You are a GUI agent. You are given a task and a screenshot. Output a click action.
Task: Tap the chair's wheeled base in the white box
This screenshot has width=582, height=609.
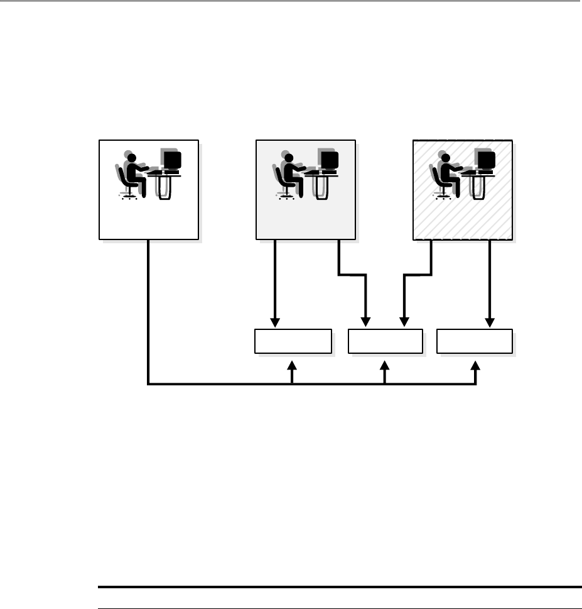point(129,196)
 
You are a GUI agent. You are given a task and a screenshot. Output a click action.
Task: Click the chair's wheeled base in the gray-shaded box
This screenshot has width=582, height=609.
point(286,196)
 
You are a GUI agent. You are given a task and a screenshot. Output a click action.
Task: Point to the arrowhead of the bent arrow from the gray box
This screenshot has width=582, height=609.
point(367,322)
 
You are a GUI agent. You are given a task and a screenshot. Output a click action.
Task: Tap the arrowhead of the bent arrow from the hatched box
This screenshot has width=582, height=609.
point(402,322)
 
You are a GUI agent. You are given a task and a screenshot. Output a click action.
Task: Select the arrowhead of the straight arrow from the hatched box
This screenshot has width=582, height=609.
point(490,322)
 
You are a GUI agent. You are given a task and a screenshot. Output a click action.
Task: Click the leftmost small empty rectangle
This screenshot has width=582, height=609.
point(293,341)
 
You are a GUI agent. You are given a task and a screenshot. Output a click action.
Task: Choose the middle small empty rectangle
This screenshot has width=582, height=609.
point(385,341)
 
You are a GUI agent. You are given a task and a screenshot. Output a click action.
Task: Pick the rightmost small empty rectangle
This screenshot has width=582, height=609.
point(475,341)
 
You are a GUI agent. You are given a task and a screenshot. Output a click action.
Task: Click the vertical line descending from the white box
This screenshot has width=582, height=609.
point(148,308)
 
